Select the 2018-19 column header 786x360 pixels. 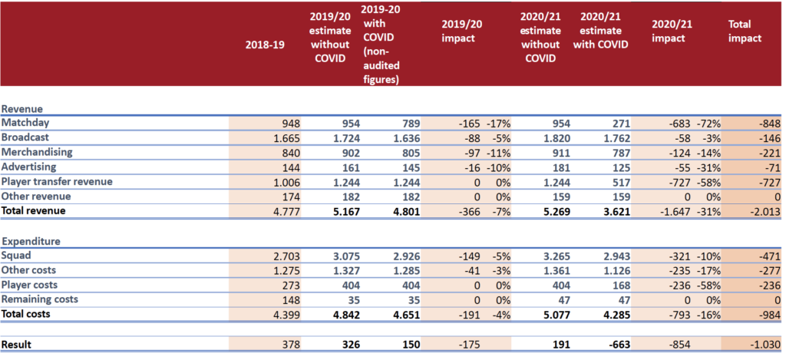[x=265, y=44]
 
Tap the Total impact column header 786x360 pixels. [x=745, y=31]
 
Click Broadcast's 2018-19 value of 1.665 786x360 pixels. [x=287, y=138]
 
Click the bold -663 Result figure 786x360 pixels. [x=618, y=345]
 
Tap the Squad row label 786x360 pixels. [x=16, y=256]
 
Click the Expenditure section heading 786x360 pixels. [x=31, y=241]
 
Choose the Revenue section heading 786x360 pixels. [x=21, y=108]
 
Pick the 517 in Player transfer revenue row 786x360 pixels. [x=619, y=182]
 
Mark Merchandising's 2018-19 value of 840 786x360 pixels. [x=291, y=153]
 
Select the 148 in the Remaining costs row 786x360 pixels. [x=291, y=300]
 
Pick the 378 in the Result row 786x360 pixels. [x=291, y=345]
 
